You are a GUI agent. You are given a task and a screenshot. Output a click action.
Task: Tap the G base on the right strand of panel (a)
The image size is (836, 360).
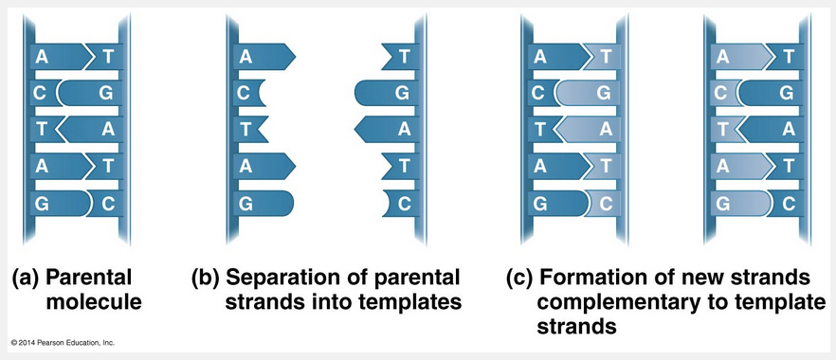89,93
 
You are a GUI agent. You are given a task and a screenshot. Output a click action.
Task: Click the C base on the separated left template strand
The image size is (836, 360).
248,93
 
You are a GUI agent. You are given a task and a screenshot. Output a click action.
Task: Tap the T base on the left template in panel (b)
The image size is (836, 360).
249,130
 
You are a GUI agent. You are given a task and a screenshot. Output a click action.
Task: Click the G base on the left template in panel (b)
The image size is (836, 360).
264,204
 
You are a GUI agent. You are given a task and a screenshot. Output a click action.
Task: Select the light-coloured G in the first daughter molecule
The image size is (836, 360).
588,93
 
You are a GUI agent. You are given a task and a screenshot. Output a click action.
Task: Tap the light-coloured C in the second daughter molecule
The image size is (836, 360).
723,93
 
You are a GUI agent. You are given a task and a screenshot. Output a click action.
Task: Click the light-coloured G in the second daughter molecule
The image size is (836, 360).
740,204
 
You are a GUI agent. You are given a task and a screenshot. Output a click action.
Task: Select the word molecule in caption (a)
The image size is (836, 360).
94,302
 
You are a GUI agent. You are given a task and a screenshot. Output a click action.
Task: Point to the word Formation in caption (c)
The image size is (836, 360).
589,278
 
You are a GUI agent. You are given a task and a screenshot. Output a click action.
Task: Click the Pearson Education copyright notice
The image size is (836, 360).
63,342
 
